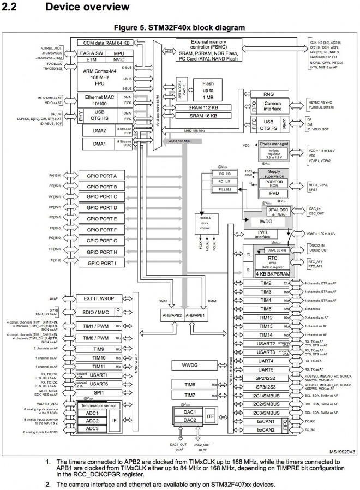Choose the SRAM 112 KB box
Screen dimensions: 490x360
[203, 107]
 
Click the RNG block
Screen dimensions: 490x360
[268, 94]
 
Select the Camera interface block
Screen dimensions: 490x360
[272, 106]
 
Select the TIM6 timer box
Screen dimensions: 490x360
[190, 384]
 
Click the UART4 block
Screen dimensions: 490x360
[266, 361]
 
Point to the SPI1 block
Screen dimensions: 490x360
[99, 392]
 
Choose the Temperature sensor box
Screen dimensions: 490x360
[99, 405]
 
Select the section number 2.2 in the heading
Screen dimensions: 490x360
[12, 7]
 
